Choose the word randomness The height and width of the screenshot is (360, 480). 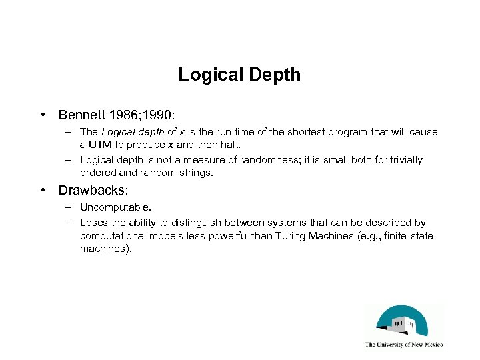point(264,160)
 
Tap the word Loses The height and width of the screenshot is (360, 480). point(93,223)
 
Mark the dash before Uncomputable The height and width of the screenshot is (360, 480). point(69,209)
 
